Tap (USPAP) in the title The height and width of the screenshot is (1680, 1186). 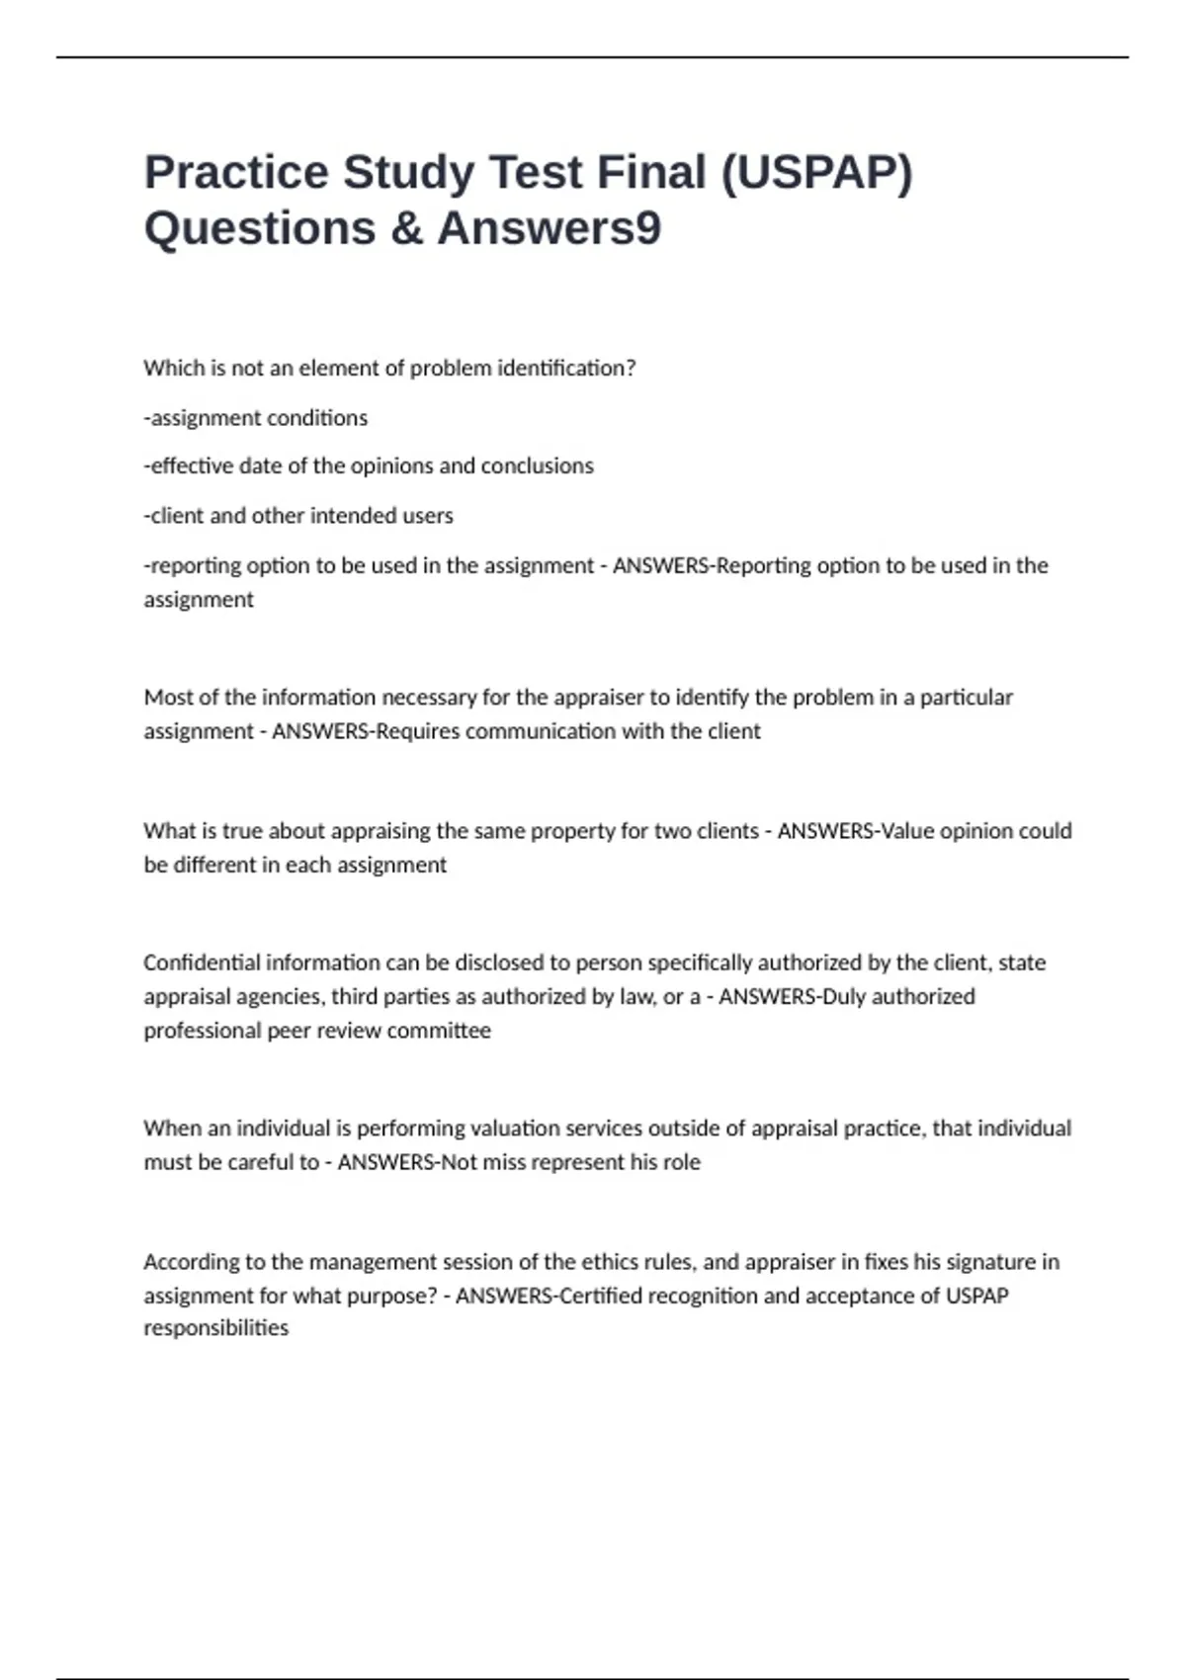tap(816, 172)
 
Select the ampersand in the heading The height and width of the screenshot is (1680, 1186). tap(406, 228)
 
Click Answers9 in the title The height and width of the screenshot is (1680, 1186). tap(550, 228)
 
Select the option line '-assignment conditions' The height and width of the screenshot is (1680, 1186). tap(256, 418)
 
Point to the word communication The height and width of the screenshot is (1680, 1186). tap(541, 731)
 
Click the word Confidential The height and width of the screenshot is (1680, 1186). tap(202, 963)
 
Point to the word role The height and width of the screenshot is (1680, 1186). tap(681, 1162)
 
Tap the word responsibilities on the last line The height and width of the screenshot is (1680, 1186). tap(216, 1328)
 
